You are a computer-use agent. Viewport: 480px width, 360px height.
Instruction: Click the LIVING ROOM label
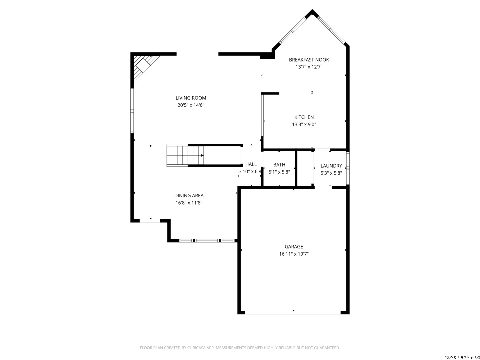point(191,98)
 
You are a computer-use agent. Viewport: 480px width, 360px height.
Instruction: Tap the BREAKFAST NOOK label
point(309,60)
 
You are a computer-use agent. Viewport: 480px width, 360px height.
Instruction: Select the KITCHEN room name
point(304,117)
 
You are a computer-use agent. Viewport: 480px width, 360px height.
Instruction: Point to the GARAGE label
point(294,247)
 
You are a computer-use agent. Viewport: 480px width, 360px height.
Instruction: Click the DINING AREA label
point(189,195)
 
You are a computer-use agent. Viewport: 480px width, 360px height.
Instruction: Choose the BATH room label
point(279,165)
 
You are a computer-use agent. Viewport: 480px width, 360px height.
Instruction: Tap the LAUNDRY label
point(331,166)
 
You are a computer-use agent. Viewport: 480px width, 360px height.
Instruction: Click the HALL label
point(251,164)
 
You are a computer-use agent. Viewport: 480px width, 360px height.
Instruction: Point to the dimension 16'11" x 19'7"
point(294,254)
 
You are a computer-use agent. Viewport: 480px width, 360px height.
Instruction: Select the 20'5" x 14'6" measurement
point(191,105)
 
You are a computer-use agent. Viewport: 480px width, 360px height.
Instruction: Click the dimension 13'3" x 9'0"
point(304,124)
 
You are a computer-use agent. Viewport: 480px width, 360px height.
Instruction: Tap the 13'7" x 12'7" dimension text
point(309,67)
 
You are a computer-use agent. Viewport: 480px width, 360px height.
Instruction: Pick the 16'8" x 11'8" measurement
point(189,203)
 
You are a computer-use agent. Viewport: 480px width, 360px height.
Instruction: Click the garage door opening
point(293,313)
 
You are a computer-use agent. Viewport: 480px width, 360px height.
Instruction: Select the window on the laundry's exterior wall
point(348,168)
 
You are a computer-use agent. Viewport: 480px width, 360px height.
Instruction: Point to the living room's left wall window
point(132,111)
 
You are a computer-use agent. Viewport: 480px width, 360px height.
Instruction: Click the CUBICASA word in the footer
point(196,348)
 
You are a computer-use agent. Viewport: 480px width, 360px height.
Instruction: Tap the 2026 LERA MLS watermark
point(462,357)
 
